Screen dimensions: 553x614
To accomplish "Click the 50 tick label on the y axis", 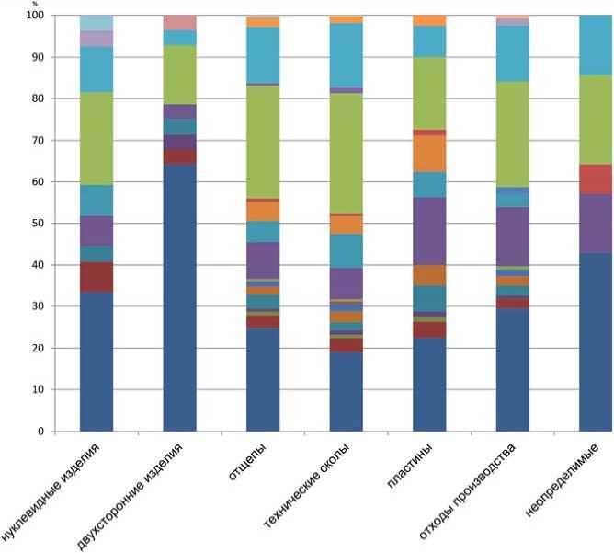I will coord(39,224).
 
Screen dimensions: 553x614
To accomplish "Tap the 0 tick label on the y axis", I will coord(41,431).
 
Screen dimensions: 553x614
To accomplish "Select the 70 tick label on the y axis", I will coord(39,141).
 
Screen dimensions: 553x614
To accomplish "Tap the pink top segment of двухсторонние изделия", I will coord(179,22).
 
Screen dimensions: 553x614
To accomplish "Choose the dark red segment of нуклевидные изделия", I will coord(97,277).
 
